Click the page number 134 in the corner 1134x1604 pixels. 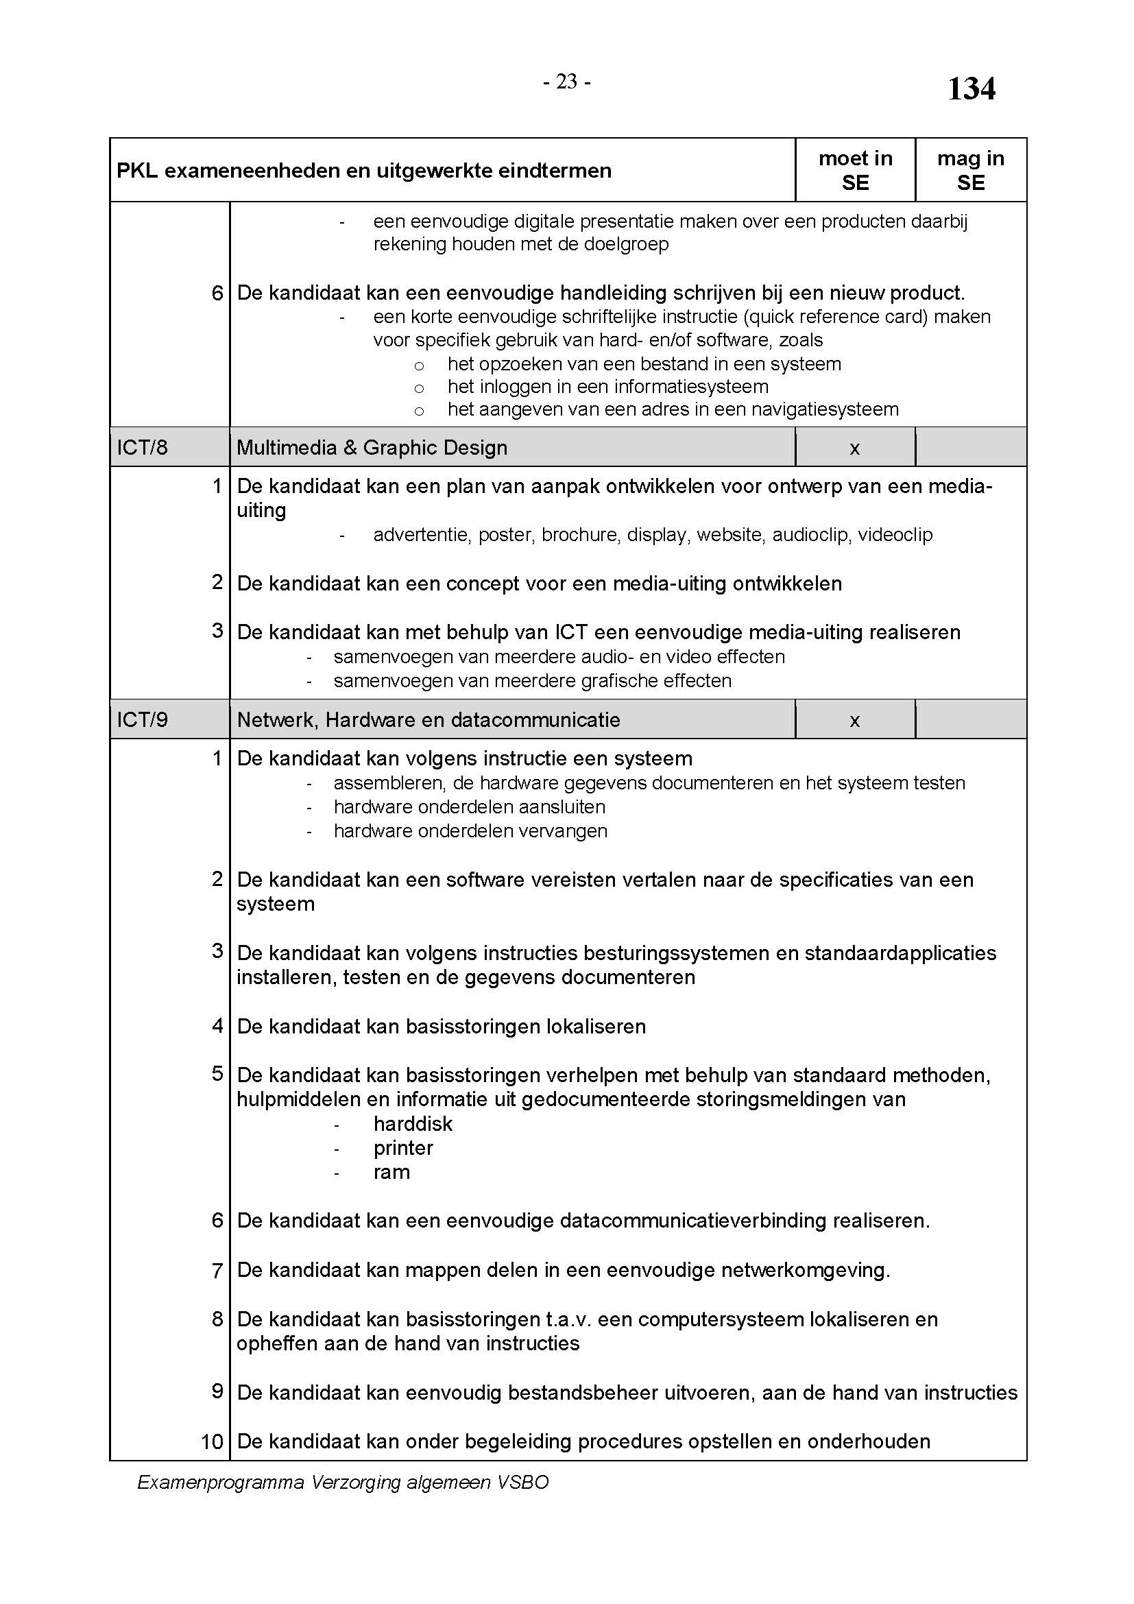click(971, 89)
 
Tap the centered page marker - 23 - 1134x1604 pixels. click(566, 82)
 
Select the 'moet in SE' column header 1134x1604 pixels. click(855, 171)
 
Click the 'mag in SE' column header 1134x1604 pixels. click(970, 171)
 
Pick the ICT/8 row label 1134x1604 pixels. click(142, 448)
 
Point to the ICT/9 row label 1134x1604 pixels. click(142, 720)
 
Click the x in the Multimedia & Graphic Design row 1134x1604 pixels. click(854, 448)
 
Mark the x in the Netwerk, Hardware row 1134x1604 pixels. click(854, 721)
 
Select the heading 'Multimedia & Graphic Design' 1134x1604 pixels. click(372, 448)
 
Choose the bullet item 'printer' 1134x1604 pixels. click(403, 1149)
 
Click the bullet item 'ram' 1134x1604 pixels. click(391, 1172)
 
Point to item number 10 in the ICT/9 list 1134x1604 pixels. click(212, 1441)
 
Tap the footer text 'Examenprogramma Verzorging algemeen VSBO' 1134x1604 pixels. click(343, 1483)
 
